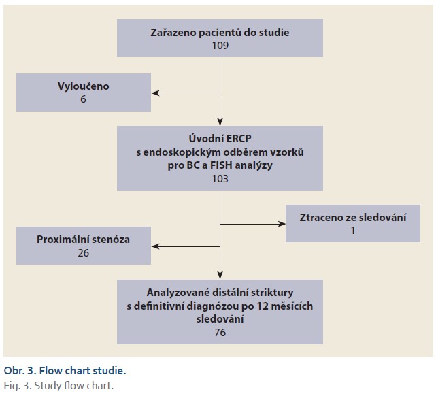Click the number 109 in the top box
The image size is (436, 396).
(220, 46)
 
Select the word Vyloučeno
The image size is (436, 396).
(84, 86)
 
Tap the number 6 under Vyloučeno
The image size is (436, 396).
(83, 99)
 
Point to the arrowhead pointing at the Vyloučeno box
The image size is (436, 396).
(156, 93)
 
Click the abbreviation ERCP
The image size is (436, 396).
(239, 139)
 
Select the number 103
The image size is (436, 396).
(220, 178)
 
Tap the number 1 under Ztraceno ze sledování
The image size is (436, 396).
(353, 231)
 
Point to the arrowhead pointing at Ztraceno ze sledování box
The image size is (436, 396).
(282, 224)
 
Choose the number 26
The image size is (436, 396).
(84, 253)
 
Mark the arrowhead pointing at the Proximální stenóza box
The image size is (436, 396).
(156, 246)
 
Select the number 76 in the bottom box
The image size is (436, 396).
(220, 332)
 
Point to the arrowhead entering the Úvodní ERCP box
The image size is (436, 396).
(220, 122)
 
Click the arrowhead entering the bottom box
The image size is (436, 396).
(220, 276)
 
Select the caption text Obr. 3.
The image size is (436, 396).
(20, 371)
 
